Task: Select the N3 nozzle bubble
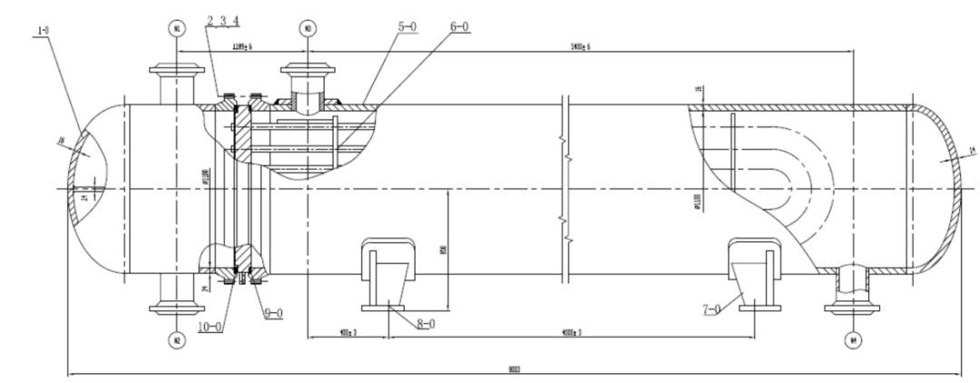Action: (309, 28)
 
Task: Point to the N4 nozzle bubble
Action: (853, 341)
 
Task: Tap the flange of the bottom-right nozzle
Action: (853, 308)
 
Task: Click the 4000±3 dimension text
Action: (569, 334)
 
